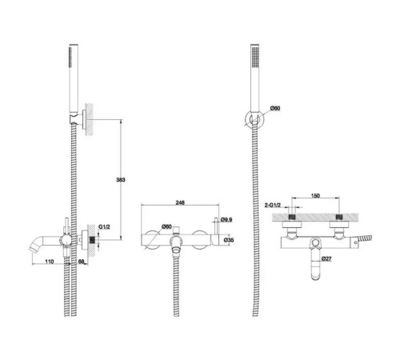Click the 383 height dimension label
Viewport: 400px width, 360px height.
tap(121, 180)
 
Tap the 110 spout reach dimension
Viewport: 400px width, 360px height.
tap(50, 262)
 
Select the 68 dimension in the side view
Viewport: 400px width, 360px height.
tap(82, 262)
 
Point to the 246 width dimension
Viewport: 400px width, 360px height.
tap(180, 202)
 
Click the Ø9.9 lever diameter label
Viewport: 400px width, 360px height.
tap(226, 220)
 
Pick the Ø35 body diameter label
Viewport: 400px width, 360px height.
tap(229, 240)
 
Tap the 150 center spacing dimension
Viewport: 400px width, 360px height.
tap(315, 196)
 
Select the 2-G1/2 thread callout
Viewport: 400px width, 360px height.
tap(273, 205)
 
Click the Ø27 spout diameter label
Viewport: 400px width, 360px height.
tap(326, 258)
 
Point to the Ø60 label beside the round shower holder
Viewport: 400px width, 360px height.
tap(275, 108)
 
